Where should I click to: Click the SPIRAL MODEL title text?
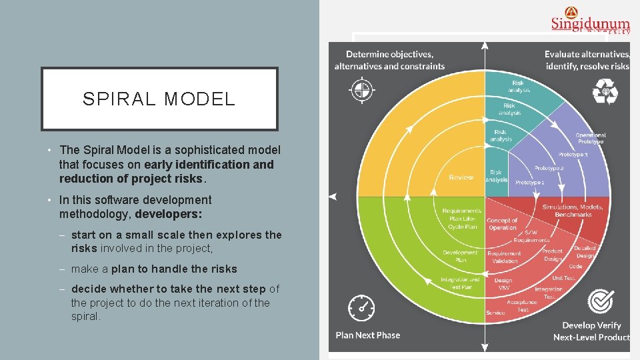(x=159, y=99)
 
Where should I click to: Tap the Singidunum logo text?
(x=590, y=23)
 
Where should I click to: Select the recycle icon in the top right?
(x=605, y=91)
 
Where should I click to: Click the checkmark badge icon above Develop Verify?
(x=600, y=302)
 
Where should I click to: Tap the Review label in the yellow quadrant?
(x=461, y=177)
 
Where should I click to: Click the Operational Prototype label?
(x=590, y=138)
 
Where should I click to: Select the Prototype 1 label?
(x=529, y=182)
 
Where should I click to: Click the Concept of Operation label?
(x=502, y=224)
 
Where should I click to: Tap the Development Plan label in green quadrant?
(x=460, y=255)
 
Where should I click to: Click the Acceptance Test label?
(x=523, y=306)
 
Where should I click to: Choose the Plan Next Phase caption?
(x=368, y=335)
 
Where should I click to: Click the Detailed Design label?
(x=585, y=251)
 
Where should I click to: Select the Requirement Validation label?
(x=504, y=257)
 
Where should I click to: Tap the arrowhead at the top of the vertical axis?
(x=485, y=46)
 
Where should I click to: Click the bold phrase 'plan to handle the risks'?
(x=174, y=269)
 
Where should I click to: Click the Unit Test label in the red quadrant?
(x=563, y=278)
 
